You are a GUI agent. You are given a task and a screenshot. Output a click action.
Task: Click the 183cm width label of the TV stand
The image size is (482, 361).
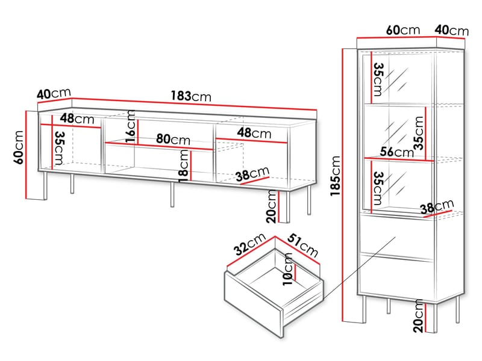pos(191,96)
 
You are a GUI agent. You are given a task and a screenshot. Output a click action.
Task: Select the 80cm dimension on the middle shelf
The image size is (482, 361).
pos(173,139)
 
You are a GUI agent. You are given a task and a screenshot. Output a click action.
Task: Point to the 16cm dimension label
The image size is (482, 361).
pos(131,126)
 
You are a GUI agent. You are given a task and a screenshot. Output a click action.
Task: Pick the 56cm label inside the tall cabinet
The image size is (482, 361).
pos(397,152)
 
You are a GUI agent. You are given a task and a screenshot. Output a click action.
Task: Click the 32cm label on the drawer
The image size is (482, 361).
pos(249,244)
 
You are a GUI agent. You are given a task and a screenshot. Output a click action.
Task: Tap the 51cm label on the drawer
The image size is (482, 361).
pos(303,245)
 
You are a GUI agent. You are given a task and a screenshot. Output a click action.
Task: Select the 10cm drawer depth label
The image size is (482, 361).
pos(288,269)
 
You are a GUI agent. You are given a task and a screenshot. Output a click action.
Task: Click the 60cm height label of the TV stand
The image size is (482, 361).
pos(19,147)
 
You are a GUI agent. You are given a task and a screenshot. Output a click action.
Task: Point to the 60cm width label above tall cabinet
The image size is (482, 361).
pos(403,30)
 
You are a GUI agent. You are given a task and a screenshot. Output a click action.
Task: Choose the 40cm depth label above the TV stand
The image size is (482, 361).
pos(54,93)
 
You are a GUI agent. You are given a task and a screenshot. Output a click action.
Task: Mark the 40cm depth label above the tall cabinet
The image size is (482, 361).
pos(451,30)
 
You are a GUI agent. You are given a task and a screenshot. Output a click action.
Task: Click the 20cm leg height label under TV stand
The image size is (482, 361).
pos(272,206)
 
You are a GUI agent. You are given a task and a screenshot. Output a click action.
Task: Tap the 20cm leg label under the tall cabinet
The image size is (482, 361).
pos(418,316)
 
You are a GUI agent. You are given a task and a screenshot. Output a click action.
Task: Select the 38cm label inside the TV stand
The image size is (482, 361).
pos(252,174)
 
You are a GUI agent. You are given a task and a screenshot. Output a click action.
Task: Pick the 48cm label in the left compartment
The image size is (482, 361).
pos(77,118)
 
